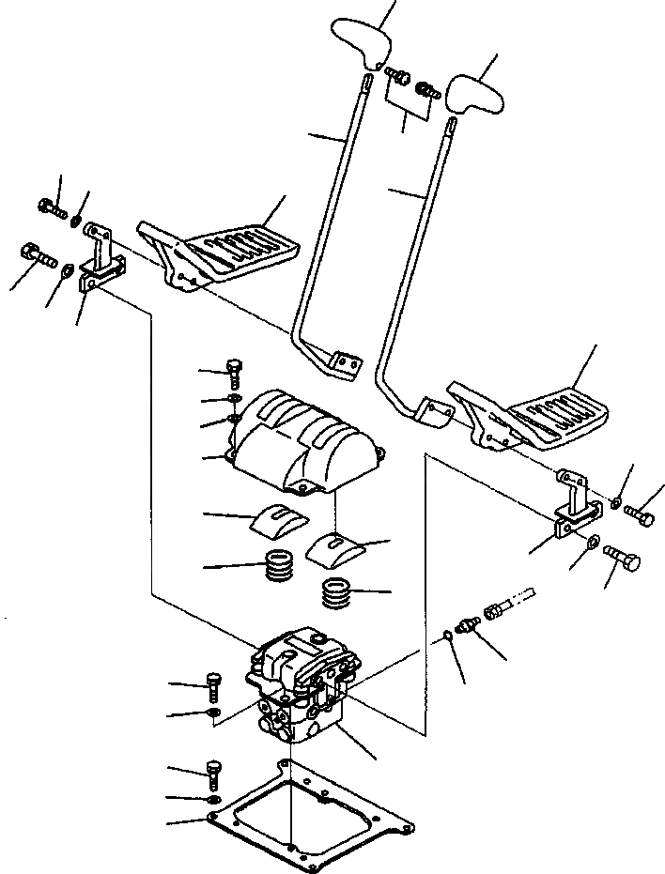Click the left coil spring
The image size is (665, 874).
pyautogui.click(x=279, y=568)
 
